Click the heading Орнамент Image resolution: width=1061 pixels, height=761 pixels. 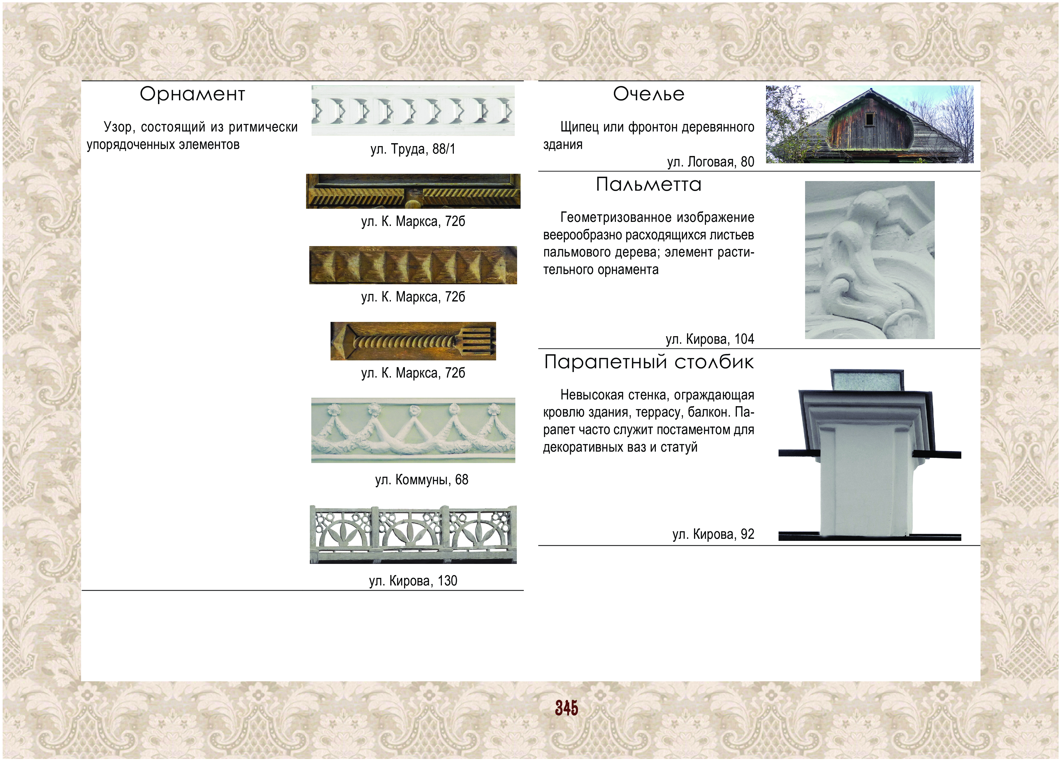[x=192, y=94]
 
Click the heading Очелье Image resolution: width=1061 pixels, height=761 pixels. [x=649, y=94]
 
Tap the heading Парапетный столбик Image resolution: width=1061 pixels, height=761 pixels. [x=649, y=362]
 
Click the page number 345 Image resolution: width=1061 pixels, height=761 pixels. [x=567, y=708]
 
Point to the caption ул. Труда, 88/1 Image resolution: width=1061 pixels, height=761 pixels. [x=413, y=149]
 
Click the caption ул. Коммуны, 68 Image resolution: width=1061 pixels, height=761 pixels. [x=421, y=480]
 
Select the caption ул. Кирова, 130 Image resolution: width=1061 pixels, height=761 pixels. [x=413, y=581]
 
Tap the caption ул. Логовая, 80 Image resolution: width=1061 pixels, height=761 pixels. [x=711, y=162]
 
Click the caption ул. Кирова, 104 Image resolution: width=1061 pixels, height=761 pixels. [x=710, y=339]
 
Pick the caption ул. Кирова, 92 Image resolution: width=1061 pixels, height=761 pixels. [x=714, y=534]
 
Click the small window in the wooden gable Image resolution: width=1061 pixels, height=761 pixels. [x=870, y=119]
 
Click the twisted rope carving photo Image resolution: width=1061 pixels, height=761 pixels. [x=413, y=341]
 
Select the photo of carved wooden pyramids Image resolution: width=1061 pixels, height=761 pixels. [x=413, y=265]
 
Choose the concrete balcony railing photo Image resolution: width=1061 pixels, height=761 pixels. [x=413, y=534]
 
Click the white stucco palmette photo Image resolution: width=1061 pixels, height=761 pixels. [x=870, y=260]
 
